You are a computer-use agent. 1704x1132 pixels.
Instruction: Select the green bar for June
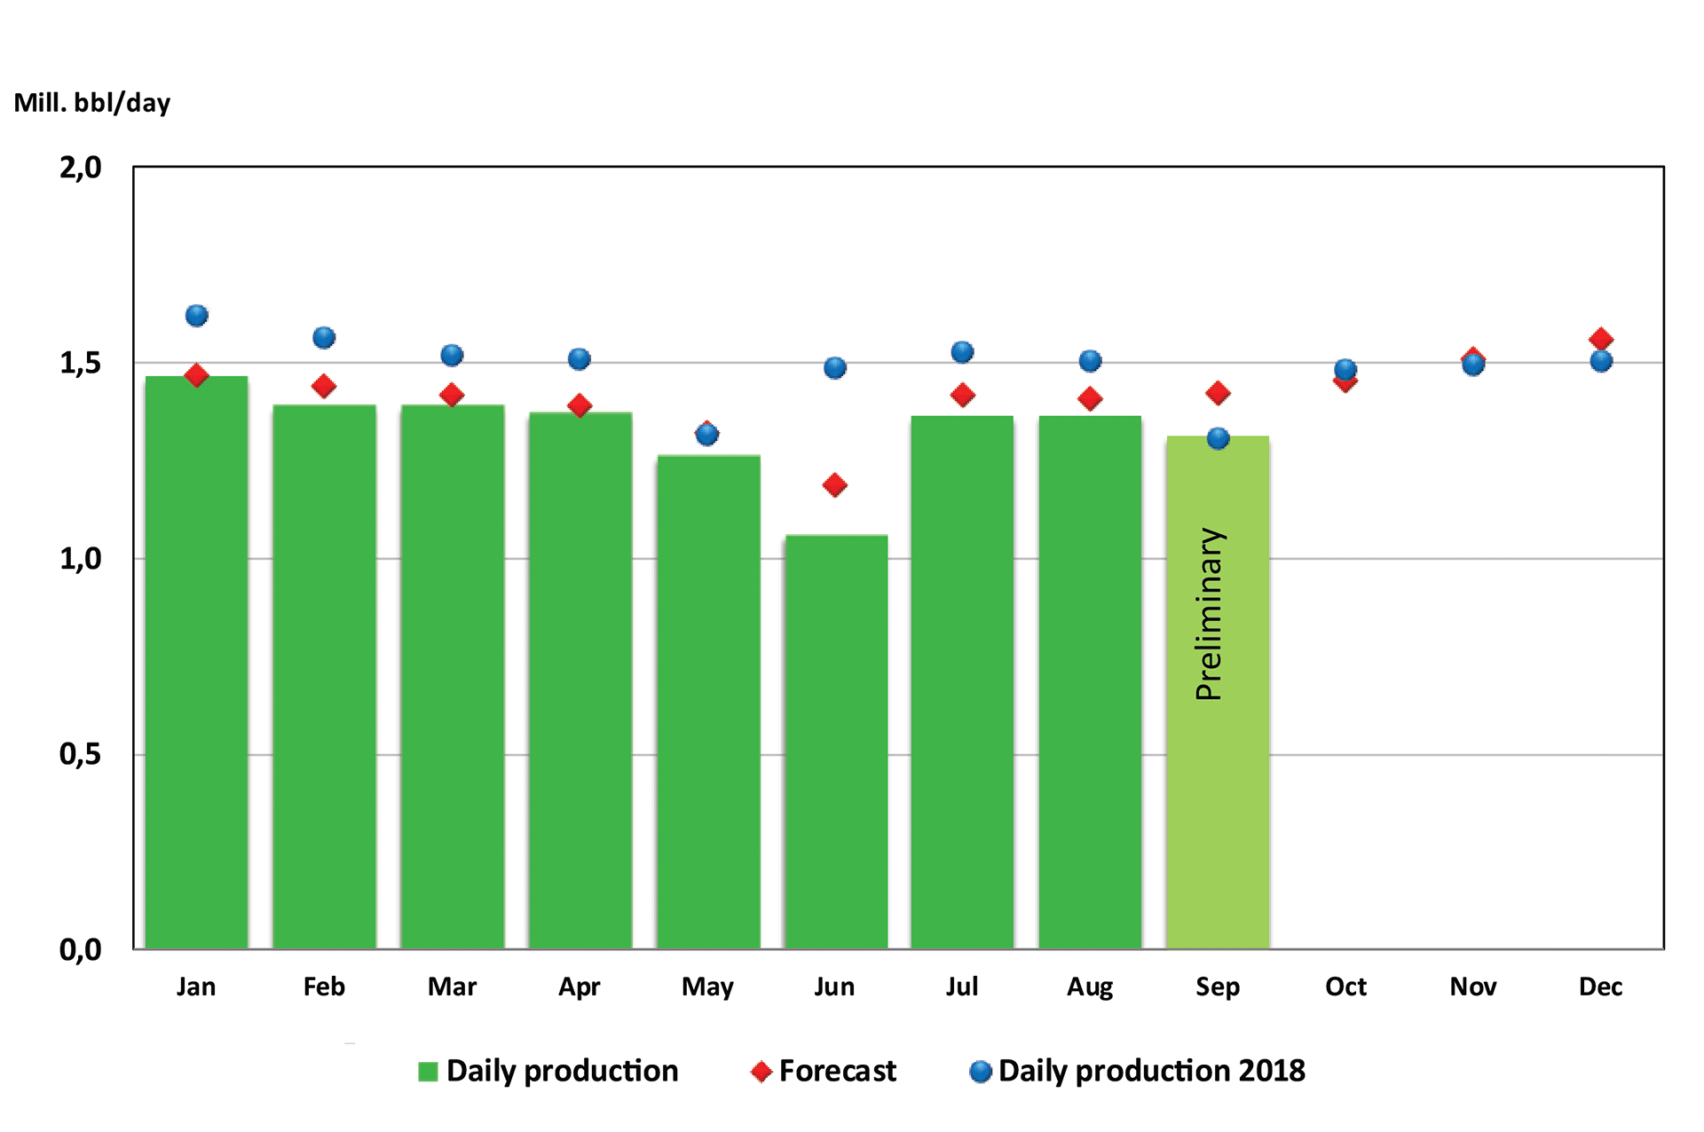tap(836, 742)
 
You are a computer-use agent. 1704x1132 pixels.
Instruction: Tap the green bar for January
tap(196, 662)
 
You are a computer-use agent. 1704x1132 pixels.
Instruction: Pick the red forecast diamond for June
tap(834, 485)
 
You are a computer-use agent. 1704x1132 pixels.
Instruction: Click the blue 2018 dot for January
tap(197, 316)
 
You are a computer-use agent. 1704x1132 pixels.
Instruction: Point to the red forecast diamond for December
tap(1601, 339)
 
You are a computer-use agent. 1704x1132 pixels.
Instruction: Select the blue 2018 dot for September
tap(1219, 438)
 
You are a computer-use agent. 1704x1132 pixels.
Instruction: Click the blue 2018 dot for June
tap(835, 368)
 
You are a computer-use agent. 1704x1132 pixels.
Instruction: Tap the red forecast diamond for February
tap(324, 386)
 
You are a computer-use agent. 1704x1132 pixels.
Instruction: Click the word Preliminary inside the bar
tap(1210, 614)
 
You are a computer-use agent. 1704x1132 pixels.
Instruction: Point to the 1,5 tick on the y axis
tap(81, 363)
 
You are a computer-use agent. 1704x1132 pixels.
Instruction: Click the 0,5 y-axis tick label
tap(81, 755)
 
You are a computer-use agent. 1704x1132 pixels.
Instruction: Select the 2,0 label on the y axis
tap(81, 168)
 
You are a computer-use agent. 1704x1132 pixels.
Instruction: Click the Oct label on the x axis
tap(1345, 987)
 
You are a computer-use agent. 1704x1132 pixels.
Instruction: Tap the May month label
tap(707, 987)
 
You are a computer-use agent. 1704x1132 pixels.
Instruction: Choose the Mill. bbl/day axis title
tap(92, 103)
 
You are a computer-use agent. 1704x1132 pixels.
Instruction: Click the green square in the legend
tap(428, 1072)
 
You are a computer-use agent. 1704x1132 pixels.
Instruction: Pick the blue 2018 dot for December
tap(1601, 361)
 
